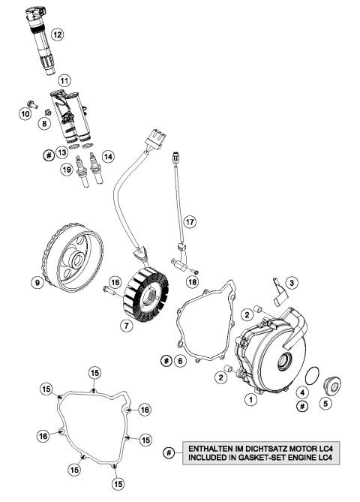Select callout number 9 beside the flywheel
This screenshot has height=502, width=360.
point(35,283)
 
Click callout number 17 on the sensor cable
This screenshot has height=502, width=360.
point(190,222)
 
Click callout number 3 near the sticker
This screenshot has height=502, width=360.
point(293,283)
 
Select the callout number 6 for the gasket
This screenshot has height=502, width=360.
point(180,361)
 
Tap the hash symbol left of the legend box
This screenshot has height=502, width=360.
point(170,453)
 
